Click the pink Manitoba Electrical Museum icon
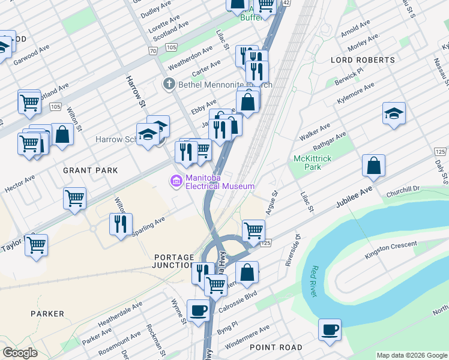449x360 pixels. (x=176, y=181)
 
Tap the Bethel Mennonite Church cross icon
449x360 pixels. (x=169, y=85)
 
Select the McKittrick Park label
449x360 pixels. (x=309, y=162)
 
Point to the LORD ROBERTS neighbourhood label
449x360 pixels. (x=363, y=60)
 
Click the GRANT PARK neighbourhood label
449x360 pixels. (x=91, y=170)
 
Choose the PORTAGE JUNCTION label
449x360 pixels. (x=173, y=260)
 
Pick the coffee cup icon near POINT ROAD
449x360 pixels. (x=330, y=329)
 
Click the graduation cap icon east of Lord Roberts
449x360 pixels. (x=394, y=114)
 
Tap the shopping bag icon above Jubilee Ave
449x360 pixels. (x=373, y=166)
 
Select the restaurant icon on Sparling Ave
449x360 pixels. (x=121, y=224)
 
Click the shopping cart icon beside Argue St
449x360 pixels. (x=253, y=230)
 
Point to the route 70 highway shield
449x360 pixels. (x=154, y=52)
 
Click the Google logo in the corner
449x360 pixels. (x=20, y=353)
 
